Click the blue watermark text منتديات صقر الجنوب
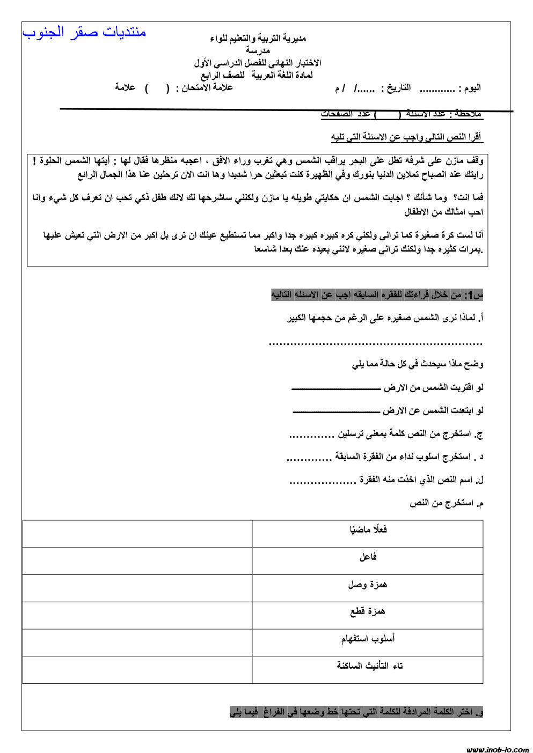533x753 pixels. (84, 32)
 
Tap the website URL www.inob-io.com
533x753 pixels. (497, 749)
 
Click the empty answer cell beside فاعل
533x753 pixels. (137, 561)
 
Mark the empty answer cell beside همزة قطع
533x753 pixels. (137, 615)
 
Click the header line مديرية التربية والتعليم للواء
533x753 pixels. (258, 38)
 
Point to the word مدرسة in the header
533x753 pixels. (258, 50)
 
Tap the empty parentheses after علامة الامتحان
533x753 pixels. (157, 88)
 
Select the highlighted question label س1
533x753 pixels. (474, 295)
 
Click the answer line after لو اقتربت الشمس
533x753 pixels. (335, 387)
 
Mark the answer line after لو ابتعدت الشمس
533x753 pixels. (336, 411)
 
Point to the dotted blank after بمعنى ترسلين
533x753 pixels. (312, 435)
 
